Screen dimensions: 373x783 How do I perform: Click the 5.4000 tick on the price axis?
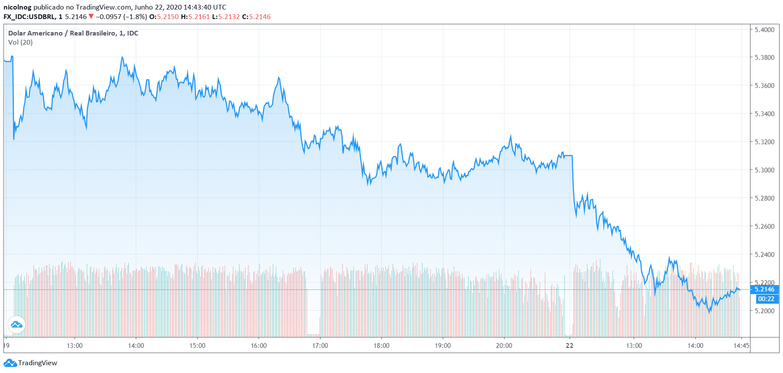point(764,29)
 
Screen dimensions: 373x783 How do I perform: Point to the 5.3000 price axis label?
point(764,170)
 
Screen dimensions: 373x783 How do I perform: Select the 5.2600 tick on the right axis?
point(764,226)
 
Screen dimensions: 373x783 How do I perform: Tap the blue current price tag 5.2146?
point(764,289)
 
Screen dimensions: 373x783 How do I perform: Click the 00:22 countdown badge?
point(766,299)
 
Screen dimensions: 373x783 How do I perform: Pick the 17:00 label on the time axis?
point(320,346)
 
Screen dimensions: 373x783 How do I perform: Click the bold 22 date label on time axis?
point(570,346)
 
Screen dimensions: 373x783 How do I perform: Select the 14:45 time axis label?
point(741,346)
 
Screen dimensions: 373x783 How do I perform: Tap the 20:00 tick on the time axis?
point(504,346)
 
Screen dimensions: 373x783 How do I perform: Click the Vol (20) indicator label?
point(20,42)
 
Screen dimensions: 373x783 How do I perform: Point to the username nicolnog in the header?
point(17,7)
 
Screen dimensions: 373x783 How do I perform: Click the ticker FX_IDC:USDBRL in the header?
point(29,17)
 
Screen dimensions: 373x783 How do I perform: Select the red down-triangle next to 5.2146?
point(91,16)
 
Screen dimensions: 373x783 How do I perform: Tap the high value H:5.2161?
point(195,17)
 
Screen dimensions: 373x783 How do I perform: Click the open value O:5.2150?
point(164,17)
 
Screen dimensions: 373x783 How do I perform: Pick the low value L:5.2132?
point(226,17)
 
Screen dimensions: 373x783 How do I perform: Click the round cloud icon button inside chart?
point(16,324)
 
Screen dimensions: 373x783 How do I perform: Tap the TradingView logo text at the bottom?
point(37,363)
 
